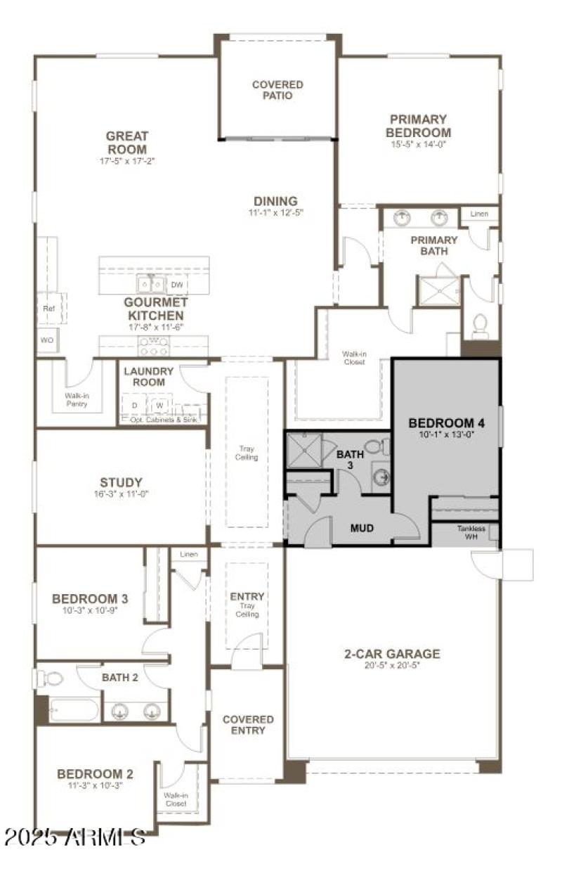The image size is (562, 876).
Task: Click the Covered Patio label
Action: coord(277,90)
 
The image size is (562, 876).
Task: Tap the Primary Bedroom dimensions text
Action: coord(420,143)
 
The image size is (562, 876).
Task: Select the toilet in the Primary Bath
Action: coord(481,324)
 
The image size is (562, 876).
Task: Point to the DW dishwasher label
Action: coord(177,285)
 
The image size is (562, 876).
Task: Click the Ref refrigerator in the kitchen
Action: coord(49,308)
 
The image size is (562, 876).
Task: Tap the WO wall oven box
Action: coord(48,340)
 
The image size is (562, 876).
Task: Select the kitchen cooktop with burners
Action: coord(155,346)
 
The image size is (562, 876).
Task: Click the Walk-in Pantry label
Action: coord(77,401)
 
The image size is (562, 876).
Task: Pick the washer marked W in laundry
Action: coord(159,406)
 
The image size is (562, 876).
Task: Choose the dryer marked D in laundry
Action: coord(134,406)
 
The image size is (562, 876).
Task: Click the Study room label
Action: coord(121,482)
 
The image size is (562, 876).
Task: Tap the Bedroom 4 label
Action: coord(446,423)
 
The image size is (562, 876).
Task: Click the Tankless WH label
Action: coord(471,532)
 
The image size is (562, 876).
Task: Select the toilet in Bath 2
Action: coord(51,678)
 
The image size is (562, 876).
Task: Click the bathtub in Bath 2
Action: coord(74,709)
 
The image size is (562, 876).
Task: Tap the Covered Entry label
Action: coord(248,725)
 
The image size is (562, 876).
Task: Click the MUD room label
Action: coord(362,527)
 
